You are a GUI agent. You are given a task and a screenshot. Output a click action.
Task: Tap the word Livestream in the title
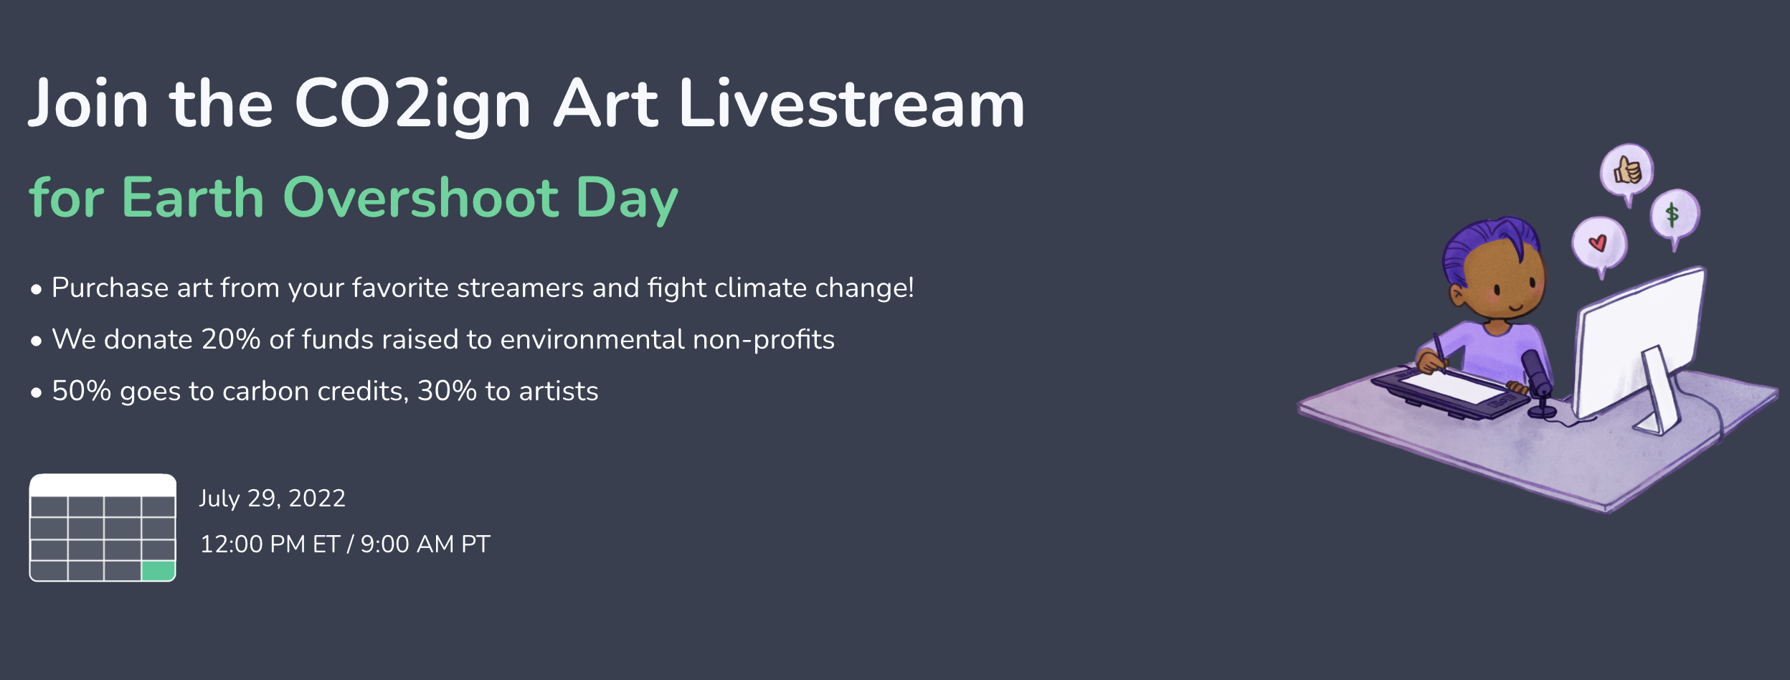pos(852,103)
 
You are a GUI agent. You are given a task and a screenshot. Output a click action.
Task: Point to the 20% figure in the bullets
pos(230,339)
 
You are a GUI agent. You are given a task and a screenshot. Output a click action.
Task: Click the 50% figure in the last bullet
pos(81,391)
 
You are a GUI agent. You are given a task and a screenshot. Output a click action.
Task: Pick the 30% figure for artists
pos(447,391)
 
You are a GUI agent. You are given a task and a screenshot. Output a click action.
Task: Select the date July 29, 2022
pos(273,498)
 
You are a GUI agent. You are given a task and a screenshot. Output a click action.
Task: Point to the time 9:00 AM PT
pos(425,544)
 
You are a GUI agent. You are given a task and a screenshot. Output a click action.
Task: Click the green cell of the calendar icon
pos(158,571)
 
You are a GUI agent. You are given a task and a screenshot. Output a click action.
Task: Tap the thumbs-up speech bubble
pos(1626,173)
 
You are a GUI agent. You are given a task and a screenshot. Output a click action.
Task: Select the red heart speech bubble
pos(1599,244)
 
